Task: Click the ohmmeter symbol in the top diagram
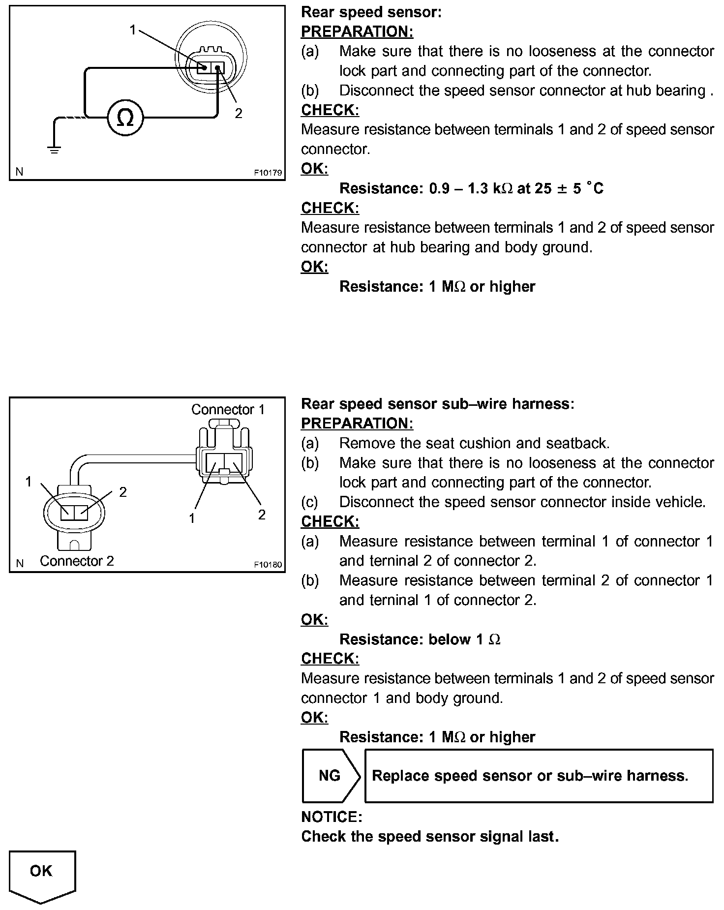coord(125,117)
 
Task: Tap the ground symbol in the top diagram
coord(54,149)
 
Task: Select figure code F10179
coord(268,173)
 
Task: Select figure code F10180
coord(268,565)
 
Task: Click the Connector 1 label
coord(228,409)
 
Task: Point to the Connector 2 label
coord(77,561)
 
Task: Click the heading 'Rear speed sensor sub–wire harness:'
coord(437,404)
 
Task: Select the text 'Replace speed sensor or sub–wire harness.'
coord(530,776)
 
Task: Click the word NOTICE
coord(332,817)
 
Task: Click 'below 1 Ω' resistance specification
coord(464,639)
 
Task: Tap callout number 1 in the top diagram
coord(132,30)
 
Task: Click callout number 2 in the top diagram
coord(239,114)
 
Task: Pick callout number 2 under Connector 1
coord(262,515)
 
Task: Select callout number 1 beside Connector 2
coord(29,482)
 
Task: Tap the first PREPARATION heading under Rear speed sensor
coord(357,31)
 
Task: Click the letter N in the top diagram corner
coord(20,172)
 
